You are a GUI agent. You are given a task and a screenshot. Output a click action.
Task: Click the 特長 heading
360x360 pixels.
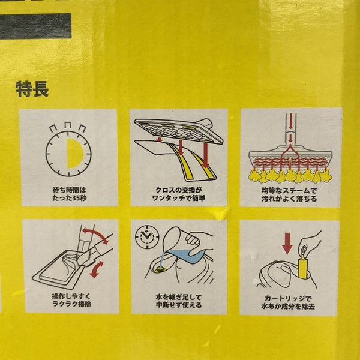point(32,89)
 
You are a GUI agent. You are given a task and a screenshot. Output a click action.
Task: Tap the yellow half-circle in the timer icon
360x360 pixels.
point(74,154)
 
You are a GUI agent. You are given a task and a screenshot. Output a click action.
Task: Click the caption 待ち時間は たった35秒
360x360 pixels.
point(70,194)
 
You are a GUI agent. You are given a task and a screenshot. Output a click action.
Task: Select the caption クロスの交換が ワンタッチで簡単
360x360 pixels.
point(179,194)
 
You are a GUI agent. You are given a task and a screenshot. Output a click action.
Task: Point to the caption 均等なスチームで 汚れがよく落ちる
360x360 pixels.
point(289,194)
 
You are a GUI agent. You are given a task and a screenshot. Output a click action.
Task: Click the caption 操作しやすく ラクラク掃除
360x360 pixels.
point(71,300)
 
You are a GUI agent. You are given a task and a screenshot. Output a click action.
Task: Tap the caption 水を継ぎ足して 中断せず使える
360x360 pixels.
point(179,301)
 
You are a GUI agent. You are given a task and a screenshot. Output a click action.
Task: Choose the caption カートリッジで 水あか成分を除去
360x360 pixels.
point(288,302)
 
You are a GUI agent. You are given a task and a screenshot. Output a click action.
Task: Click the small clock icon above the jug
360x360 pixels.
point(147,237)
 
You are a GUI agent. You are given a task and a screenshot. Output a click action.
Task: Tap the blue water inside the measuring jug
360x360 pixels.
point(187,256)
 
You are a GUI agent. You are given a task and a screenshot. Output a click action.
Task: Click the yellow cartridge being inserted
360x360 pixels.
point(303,268)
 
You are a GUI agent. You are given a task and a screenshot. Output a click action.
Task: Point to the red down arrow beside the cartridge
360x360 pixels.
point(287,243)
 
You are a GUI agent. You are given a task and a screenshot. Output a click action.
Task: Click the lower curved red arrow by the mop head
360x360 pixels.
point(96,269)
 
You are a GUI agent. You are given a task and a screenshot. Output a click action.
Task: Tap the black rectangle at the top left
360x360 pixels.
point(35,26)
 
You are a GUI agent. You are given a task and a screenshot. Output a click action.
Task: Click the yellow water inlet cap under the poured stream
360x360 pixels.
point(158,270)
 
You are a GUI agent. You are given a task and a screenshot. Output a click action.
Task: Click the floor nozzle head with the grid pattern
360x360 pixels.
point(178,131)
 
